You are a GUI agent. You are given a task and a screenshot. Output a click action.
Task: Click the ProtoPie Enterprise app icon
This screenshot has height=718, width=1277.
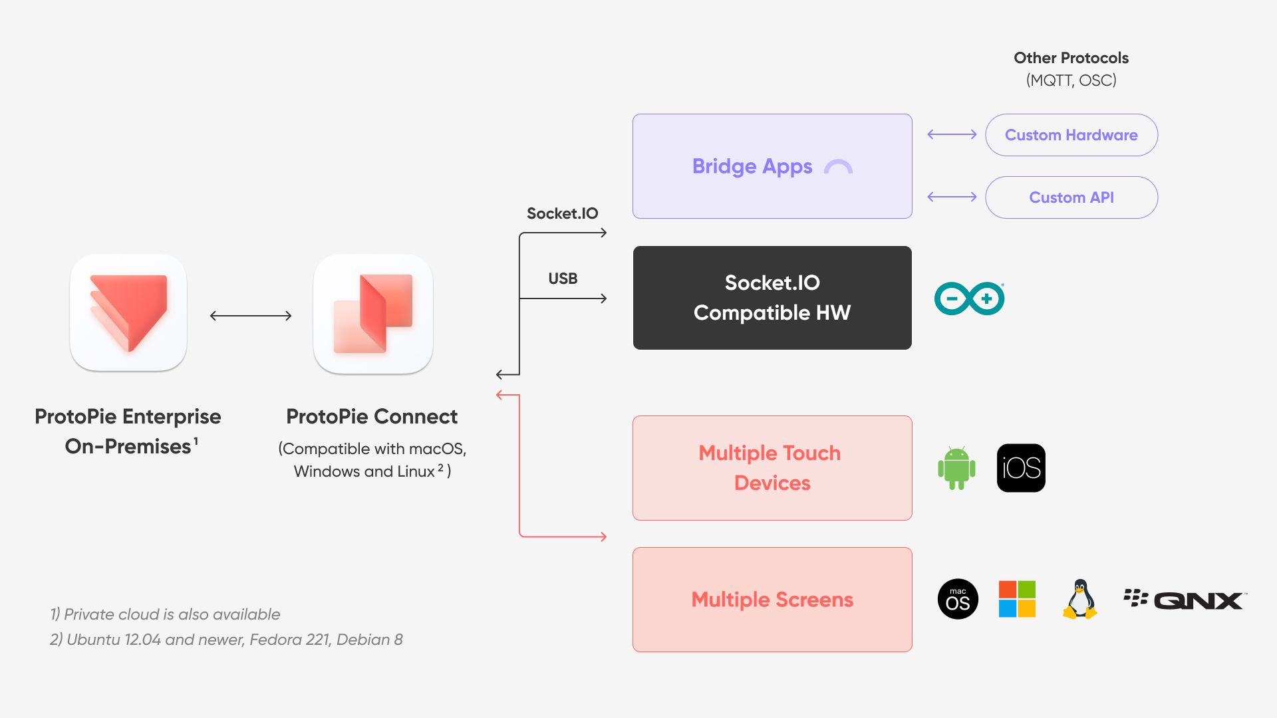click(128, 312)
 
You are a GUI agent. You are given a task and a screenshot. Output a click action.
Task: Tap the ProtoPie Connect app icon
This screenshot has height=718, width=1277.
click(373, 314)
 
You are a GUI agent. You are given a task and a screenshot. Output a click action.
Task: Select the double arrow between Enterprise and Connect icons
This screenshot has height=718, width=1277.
click(251, 316)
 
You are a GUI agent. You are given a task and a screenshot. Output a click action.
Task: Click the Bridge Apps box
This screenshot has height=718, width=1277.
click(772, 166)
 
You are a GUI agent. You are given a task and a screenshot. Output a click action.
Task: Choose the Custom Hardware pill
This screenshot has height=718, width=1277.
click(1071, 135)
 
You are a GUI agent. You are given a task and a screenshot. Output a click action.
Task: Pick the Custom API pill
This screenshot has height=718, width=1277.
click(1071, 197)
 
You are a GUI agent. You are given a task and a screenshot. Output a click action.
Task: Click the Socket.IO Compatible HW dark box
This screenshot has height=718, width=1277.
click(772, 298)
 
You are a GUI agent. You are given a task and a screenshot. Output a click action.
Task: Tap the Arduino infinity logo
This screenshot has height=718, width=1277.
click(970, 299)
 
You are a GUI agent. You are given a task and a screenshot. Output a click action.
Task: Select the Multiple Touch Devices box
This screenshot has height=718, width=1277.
click(772, 468)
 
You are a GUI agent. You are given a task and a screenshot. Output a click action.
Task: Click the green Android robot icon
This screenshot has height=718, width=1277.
click(956, 468)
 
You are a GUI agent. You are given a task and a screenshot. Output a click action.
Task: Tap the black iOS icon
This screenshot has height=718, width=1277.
click(1021, 468)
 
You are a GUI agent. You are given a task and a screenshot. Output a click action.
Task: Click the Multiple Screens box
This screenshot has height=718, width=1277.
click(772, 600)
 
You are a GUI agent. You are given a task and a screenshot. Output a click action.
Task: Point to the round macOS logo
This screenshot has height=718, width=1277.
click(958, 599)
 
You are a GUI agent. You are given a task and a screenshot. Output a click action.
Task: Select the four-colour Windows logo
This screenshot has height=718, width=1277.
click(1017, 599)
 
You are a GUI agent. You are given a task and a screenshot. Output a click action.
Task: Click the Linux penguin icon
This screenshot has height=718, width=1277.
click(1080, 599)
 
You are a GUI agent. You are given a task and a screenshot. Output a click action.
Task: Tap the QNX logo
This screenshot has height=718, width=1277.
click(1185, 600)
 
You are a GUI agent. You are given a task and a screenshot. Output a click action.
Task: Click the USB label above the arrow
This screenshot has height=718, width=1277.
click(563, 279)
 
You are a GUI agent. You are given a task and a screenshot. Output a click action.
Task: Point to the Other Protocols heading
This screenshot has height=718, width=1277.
click(1071, 58)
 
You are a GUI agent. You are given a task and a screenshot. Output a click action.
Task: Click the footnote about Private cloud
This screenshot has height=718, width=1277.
click(165, 614)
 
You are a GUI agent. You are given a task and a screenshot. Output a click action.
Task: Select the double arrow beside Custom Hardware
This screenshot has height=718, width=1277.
click(952, 134)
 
